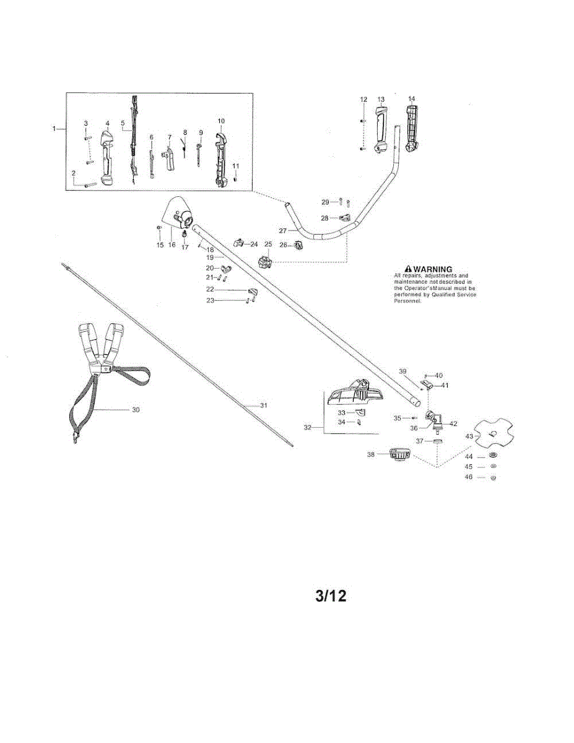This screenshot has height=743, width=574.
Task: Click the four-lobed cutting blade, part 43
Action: [x=494, y=433]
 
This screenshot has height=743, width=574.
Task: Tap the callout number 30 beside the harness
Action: [x=136, y=409]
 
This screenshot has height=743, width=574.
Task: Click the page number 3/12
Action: [x=331, y=596]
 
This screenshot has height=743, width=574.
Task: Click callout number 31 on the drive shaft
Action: [x=263, y=405]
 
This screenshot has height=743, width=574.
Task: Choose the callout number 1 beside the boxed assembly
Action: [x=54, y=128]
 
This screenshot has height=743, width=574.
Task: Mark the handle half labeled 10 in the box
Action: [x=221, y=157]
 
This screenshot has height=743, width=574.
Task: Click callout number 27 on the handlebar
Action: [x=283, y=230]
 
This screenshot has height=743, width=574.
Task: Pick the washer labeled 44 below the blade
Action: [x=493, y=456]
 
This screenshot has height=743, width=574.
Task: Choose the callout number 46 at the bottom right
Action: [x=469, y=477]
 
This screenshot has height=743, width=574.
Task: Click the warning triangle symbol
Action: [x=407, y=269]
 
